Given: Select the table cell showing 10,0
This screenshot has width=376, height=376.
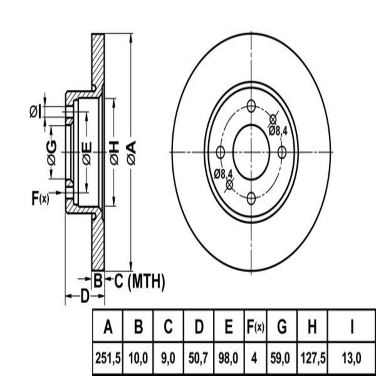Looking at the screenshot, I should (x=138, y=358).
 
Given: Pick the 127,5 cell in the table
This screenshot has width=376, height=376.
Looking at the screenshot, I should (x=312, y=358).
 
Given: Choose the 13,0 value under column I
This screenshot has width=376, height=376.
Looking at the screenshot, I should (x=352, y=358).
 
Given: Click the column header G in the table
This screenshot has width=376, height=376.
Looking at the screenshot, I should (x=282, y=327).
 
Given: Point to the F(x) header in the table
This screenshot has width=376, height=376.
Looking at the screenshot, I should (x=254, y=327).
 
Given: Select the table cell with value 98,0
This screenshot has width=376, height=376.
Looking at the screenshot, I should (x=229, y=358).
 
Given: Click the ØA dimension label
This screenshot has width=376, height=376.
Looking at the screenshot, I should (x=132, y=153).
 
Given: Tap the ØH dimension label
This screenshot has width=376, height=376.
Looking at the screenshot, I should (x=114, y=153).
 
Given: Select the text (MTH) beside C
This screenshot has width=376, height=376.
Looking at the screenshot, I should (x=147, y=281).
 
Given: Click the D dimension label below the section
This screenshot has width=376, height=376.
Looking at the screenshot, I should (x=84, y=296).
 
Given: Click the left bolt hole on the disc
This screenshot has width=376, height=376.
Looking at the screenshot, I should (x=221, y=153).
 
